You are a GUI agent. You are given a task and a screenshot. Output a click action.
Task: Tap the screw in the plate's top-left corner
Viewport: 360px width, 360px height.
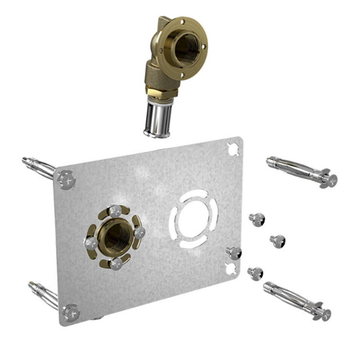[x=66, y=179]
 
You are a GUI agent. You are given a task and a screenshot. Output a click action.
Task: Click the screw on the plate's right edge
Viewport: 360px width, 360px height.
[x=233, y=253]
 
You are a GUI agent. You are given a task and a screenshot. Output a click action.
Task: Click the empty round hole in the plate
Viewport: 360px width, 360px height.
[x=193, y=219]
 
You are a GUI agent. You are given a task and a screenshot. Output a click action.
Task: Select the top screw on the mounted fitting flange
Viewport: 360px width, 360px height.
[x=115, y=211]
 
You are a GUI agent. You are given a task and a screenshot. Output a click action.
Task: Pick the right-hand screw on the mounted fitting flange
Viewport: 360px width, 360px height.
[x=139, y=232]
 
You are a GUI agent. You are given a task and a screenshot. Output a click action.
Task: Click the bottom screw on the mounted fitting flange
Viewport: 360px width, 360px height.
[x=116, y=263]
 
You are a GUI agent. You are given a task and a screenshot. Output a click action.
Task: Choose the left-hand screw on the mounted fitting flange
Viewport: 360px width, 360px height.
[x=91, y=243]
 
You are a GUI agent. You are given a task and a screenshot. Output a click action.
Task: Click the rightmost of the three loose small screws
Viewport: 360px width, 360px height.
[x=277, y=241]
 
